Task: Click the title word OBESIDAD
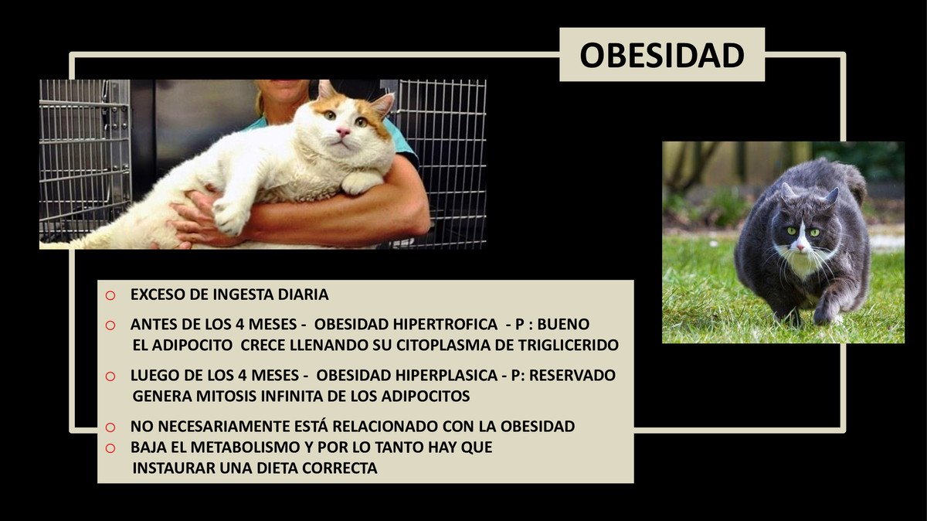662,55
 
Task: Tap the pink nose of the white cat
343,132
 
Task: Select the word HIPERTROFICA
445,325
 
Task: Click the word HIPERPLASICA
447,375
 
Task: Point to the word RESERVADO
572,375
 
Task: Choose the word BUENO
563,325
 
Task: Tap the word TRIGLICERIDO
566,345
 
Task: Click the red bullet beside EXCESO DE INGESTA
110,295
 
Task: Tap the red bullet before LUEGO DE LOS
110,376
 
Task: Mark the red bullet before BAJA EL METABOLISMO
110,448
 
